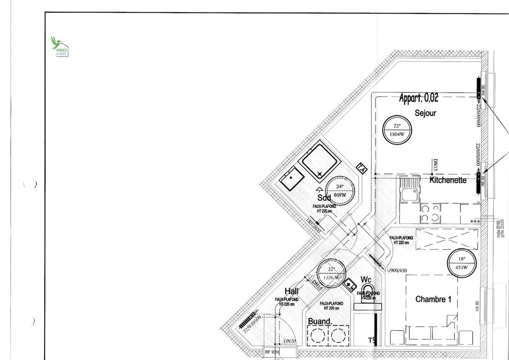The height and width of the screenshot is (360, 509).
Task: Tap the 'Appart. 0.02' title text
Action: point(418,98)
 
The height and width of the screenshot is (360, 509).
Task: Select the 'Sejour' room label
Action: point(425,113)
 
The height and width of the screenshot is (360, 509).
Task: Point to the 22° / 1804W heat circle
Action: point(396,130)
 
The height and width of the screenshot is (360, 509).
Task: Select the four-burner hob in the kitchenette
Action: point(430,213)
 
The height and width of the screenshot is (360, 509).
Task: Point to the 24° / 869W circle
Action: point(339,190)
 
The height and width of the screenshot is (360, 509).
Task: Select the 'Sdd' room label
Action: point(324,198)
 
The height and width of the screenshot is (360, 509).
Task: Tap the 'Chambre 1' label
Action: point(433,299)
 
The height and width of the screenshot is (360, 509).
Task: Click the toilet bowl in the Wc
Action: point(367,290)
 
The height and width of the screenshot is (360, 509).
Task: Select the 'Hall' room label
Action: point(291,292)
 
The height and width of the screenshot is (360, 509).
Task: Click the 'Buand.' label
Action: point(320,322)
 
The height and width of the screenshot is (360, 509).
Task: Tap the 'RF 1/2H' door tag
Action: point(272,353)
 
